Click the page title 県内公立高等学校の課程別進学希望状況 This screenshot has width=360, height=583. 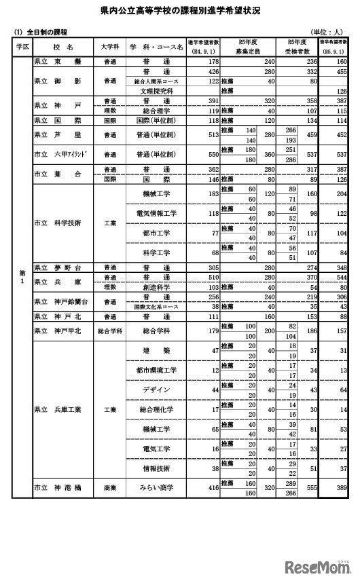click(x=180, y=12)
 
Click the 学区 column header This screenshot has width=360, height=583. click(x=22, y=46)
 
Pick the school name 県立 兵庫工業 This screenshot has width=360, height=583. click(x=62, y=409)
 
